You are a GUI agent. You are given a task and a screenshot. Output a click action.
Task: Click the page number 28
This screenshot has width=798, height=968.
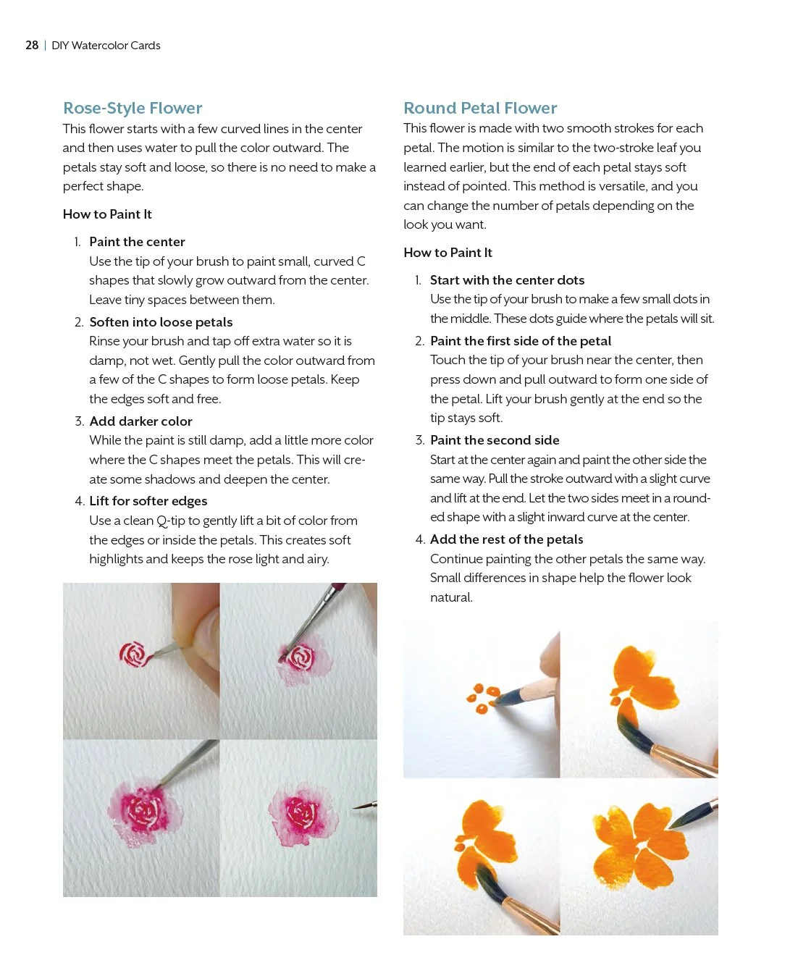(32, 46)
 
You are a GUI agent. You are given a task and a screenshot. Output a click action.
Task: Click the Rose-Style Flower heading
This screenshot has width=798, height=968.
(133, 109)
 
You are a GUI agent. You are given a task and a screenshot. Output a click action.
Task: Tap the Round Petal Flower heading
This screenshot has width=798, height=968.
(480, 109)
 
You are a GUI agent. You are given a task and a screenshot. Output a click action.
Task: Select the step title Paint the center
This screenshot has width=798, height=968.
(137, 242)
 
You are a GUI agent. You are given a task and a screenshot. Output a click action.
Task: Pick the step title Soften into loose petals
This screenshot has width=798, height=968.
(161, 322)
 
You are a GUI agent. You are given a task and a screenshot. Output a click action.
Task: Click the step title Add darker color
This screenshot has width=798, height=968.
(140, 421)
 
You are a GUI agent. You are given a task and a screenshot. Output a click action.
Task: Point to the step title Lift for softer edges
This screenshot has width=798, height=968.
(148, 501)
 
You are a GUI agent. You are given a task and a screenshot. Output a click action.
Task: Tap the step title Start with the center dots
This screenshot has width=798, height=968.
(507, 280)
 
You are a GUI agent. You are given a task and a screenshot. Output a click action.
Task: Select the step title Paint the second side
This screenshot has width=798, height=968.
(495, 440)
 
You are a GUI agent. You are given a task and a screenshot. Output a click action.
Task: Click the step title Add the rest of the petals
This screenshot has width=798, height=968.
(506, 539)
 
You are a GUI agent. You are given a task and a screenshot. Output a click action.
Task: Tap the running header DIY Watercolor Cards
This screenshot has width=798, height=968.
(106, 46)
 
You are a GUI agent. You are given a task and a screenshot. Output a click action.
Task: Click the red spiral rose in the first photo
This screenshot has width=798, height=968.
(133, 655)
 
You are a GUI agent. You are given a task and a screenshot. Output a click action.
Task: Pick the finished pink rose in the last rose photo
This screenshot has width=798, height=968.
(302, 815)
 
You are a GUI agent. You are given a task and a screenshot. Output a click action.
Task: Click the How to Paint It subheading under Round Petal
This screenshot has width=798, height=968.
(448, 253)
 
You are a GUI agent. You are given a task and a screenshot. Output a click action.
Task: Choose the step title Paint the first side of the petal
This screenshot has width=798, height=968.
(520, 341)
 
